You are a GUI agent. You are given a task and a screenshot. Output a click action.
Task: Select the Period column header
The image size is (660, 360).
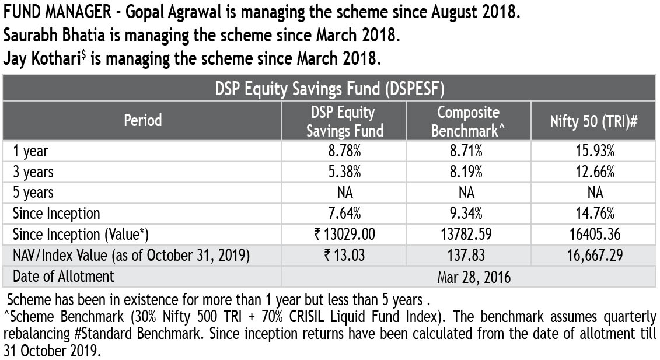click(x=142, y=121)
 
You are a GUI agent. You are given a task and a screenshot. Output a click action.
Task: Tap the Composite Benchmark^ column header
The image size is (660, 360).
click(x=468, y=121)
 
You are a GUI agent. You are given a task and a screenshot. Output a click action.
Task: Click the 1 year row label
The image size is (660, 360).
click(x=31, y=151)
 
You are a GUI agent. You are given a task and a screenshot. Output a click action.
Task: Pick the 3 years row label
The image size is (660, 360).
click(x=33, y=172)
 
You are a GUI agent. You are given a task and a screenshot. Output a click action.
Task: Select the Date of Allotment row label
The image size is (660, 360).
click(x=64, y=276)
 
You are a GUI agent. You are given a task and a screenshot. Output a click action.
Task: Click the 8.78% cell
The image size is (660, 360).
click(x=344, y=151)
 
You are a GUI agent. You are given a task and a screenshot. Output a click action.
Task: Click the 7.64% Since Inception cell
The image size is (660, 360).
click(x=344, y=214)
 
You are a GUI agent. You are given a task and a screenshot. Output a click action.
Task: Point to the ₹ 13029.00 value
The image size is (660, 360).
click(x=344, y=235)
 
